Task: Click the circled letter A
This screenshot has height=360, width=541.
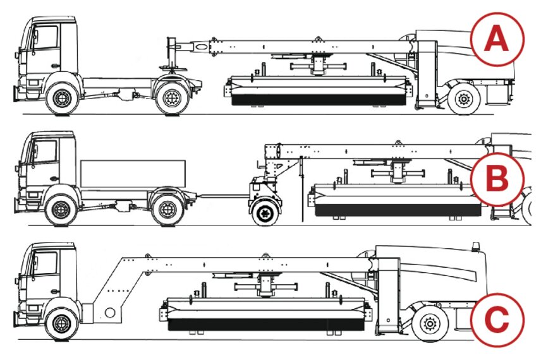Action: click(496, 40)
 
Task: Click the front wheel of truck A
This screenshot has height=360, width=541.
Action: click(62, 98)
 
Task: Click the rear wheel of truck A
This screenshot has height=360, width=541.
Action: click(171, 98)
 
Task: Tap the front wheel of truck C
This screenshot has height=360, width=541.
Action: click(62, 321)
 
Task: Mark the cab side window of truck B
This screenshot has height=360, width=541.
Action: click(46, 152)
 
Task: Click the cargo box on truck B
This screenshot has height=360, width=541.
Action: click(133, 173)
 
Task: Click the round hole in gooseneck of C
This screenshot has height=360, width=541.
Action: click(110, 312)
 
